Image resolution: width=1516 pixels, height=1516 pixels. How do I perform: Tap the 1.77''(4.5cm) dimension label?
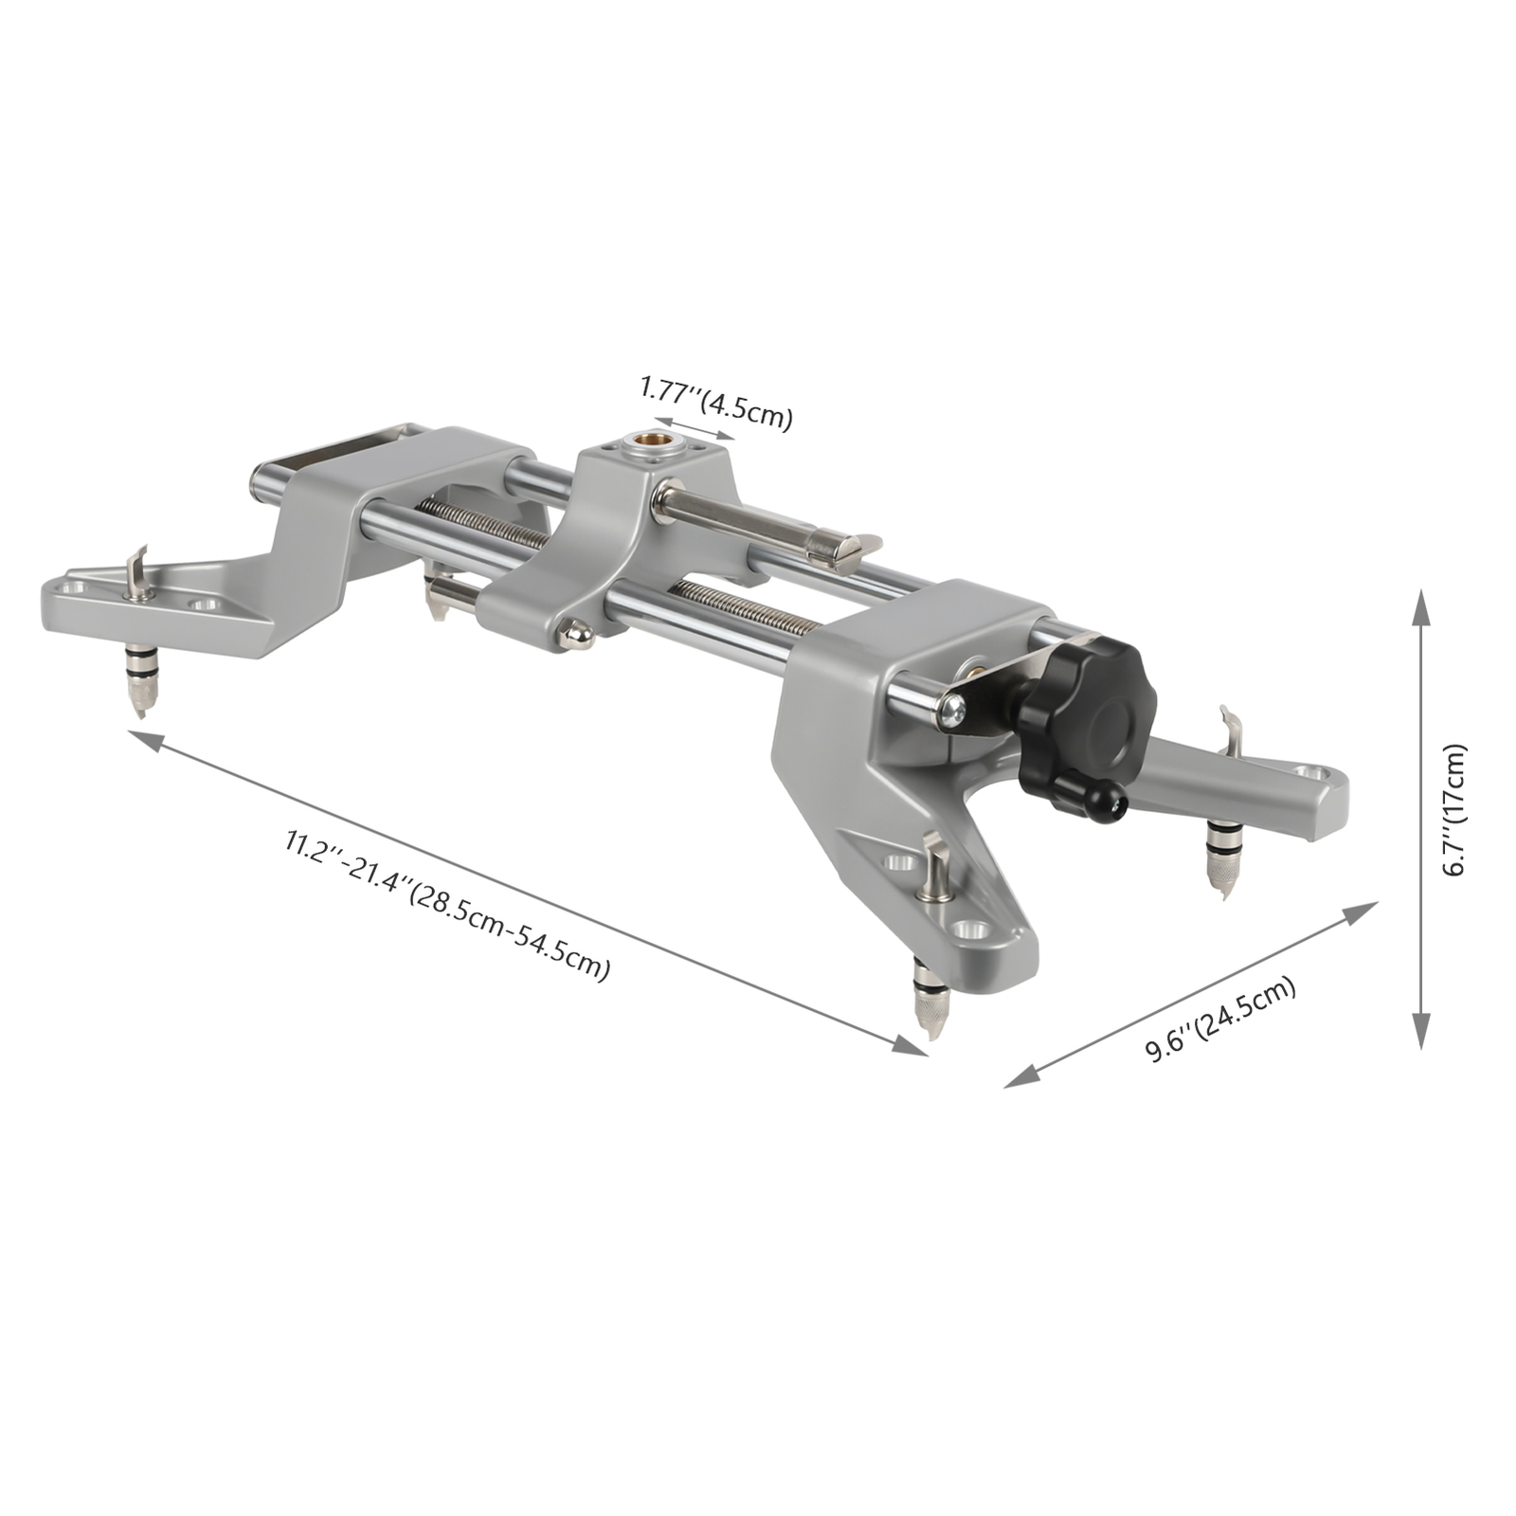715,402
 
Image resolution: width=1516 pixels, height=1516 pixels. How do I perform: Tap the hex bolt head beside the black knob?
952,710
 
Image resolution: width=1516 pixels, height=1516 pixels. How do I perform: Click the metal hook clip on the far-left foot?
138,573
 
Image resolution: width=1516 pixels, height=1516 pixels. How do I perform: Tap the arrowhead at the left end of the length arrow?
142,737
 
